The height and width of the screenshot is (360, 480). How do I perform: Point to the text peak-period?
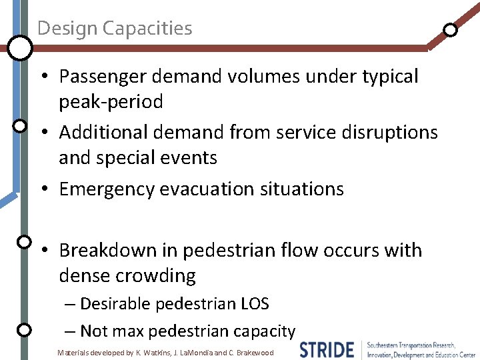(111, 102)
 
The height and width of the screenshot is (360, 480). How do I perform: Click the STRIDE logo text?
(327, 350)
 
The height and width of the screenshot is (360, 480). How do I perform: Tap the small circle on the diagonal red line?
(451, 30)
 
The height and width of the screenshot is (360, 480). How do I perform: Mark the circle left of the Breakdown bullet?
(24, 241)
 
